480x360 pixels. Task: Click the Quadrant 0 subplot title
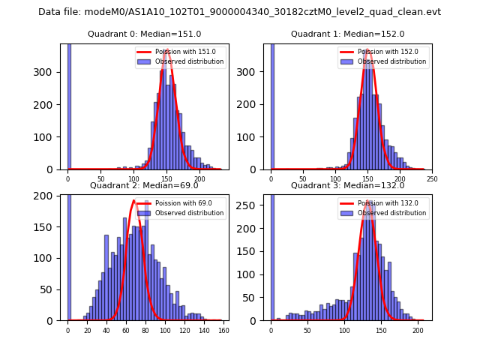pyautogui.click(x=144, y=34)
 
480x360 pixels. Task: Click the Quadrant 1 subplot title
pyautogui.click(x=347, y=34)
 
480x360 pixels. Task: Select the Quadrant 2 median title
pyautogui.click(x=144, y=185)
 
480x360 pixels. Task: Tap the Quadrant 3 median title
pyautogui.click(x=347, y=185)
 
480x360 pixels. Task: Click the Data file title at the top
pyautogui.click(x=239, y=12)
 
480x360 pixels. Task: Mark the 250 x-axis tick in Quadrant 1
pyautogui.click(x=432, y=179)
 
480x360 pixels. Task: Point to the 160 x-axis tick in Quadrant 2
pyautogui.click(x=223, y=331)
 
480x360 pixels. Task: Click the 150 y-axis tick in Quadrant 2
pyautogui.click(x=50, y=226)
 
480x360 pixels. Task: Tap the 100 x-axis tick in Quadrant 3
pyautogui.click(x=344, y=331)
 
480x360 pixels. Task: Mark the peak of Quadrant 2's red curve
pyautogui.click(x=133, y=201)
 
